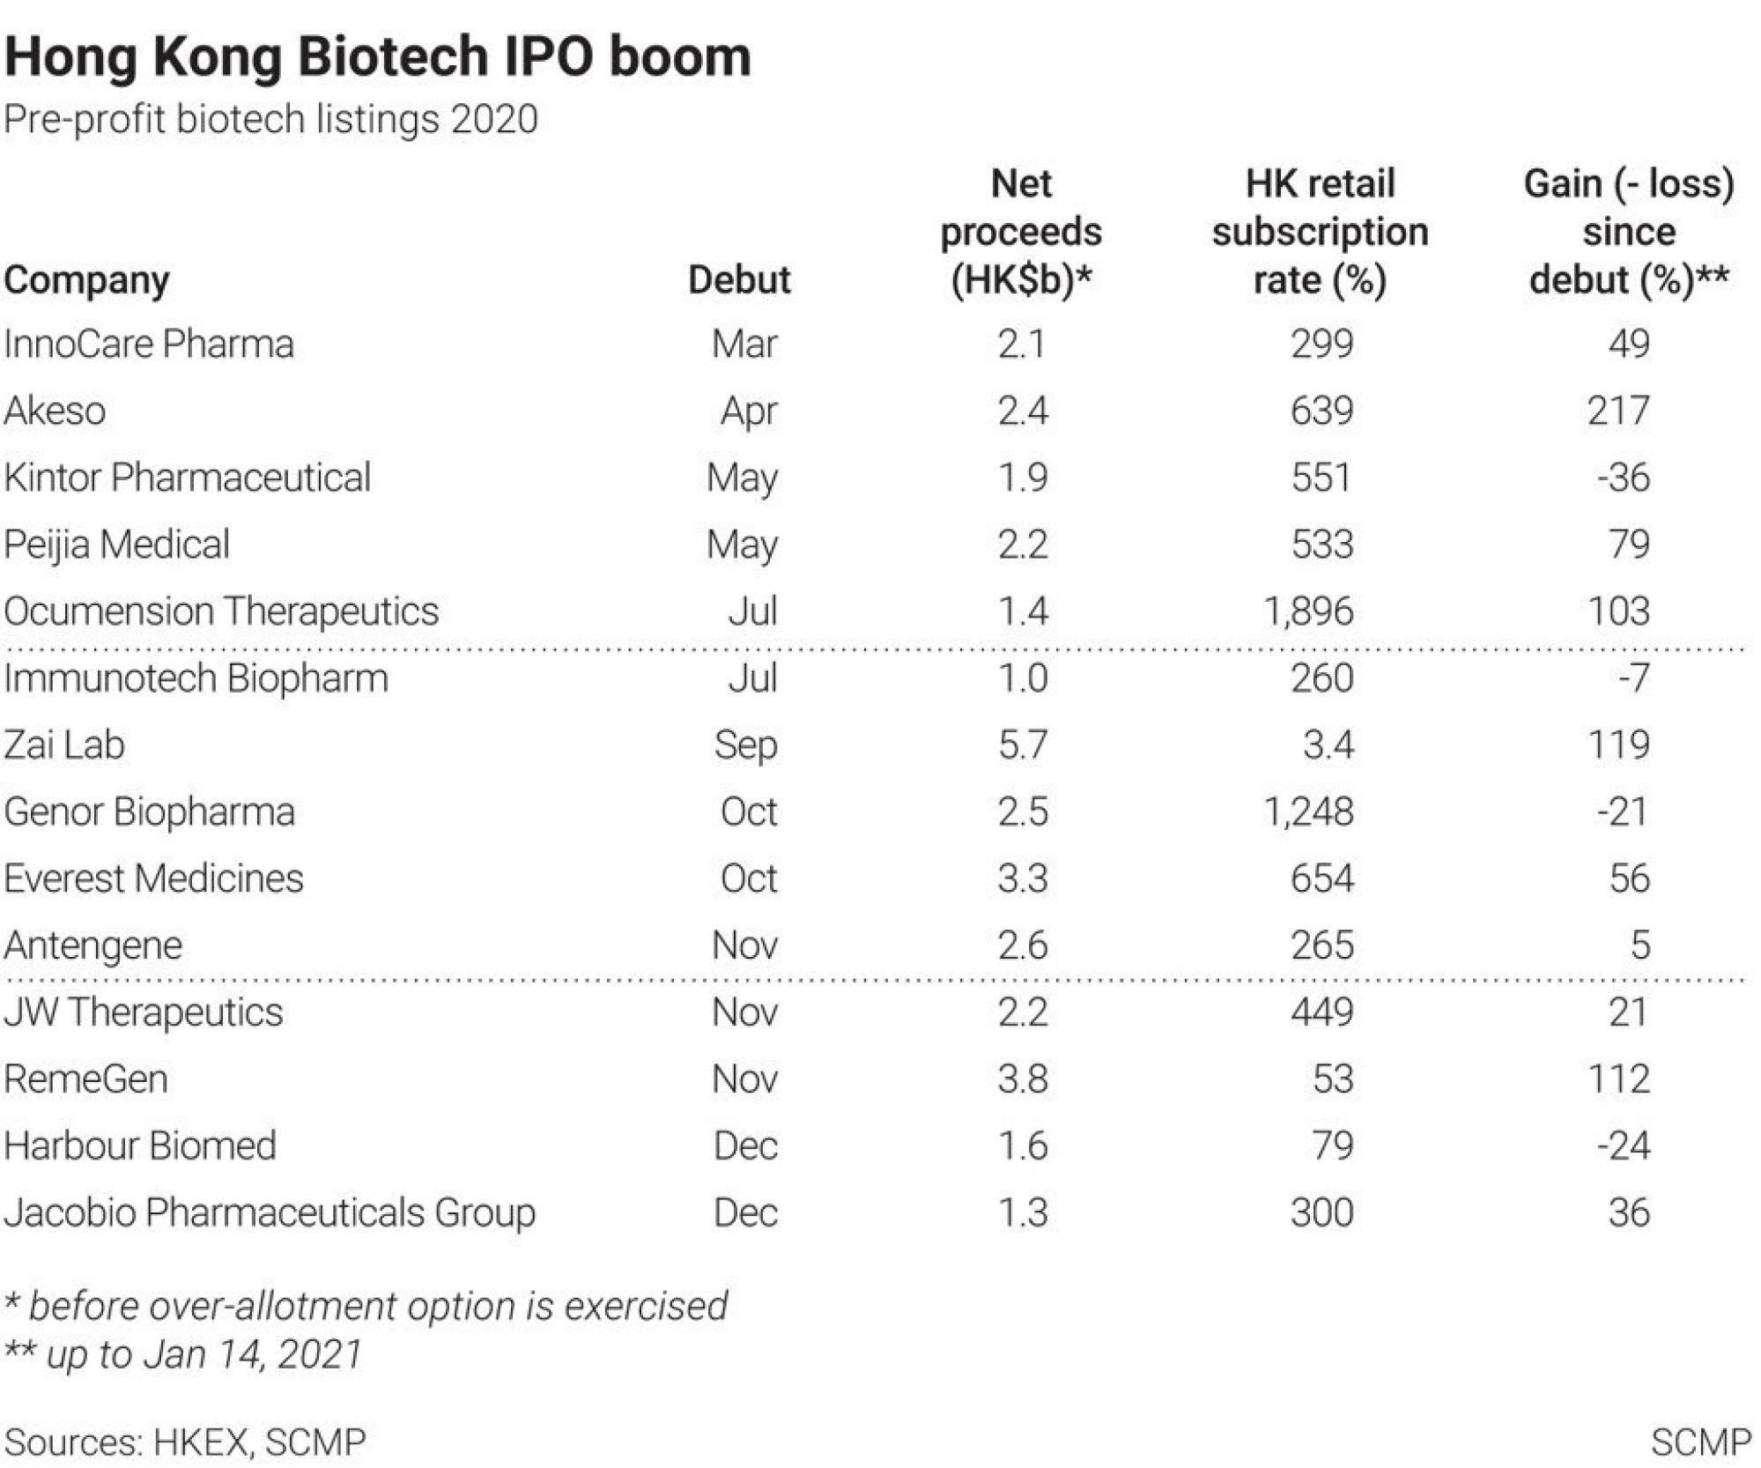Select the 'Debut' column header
pos(738,279)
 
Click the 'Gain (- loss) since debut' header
pos(1628,232)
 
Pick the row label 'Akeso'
pos(55,411)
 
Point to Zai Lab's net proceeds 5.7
pos(1022,745)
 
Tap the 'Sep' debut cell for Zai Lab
pos(745,745)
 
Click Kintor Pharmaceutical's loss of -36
pos(1623,478)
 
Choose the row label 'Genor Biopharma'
pos(149,812)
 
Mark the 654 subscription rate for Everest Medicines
pos(1321,879)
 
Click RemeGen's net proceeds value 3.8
pos(1022,1079)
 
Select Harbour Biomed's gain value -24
pos(1623,1145)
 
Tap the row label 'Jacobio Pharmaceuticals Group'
pos(270,1212)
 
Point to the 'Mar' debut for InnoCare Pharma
pos(744,344)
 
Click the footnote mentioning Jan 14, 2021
pos(183,1353)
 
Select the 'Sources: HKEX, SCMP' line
pos(185,1442)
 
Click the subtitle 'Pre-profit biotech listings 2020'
pos(270,119)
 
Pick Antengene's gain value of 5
pos(1639,945)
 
